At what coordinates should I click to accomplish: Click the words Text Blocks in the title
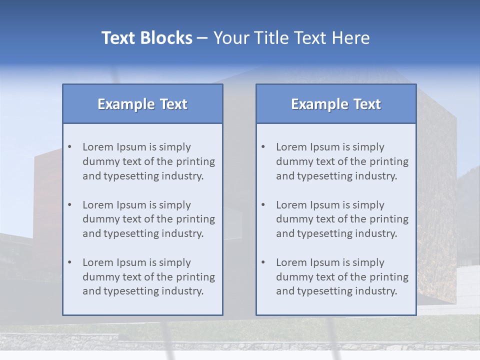146,38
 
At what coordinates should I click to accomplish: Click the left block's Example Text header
142,104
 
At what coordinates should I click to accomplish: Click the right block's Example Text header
336,104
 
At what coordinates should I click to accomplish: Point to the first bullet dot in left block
70,147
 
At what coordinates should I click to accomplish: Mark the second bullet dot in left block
70,205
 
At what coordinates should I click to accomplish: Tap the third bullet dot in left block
70,262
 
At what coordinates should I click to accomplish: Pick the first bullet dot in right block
263,147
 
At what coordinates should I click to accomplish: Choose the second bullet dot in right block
263,205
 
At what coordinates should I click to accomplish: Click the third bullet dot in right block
263,262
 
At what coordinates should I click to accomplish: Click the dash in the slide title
202,38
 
